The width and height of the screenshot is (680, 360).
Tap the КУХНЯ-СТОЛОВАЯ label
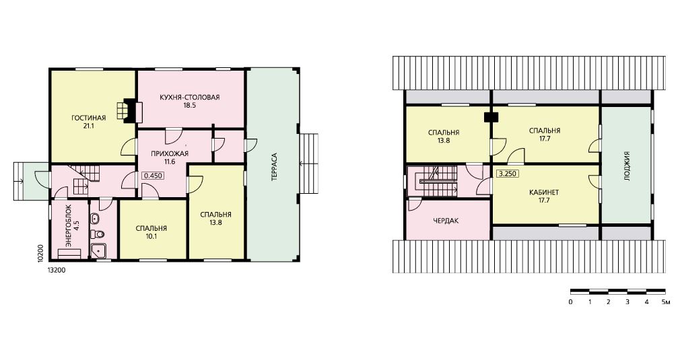coord(189,97)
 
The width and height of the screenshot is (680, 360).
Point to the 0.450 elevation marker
coord(152,176)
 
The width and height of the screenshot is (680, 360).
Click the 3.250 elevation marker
coord(508,174)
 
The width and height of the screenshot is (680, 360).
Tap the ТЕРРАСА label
coord(274,167)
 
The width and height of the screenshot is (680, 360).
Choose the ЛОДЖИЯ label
coord(627,166)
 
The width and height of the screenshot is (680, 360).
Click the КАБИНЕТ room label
coord(544,192)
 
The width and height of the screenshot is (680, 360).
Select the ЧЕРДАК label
coord(446,221)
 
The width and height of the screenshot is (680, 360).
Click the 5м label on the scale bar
coord(665,302)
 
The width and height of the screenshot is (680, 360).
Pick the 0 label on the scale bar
coord(570,302)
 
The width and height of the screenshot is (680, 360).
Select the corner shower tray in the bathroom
coord(98,251)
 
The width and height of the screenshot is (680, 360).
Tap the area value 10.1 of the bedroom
coord(151,236)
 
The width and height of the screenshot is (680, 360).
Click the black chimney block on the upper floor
coord(491,116)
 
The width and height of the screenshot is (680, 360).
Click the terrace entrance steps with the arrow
coord(308,164)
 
